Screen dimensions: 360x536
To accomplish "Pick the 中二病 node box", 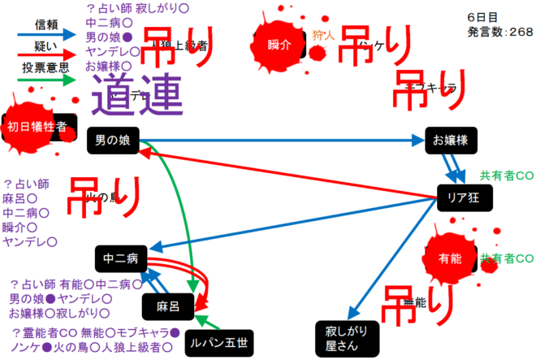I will pyautogui.click(x=120, y=259).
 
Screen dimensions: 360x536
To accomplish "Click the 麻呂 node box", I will pyautogui.click(x=168, y=305).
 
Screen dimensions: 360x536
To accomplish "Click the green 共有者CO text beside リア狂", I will pyautogui.click(x=507, y=176).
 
